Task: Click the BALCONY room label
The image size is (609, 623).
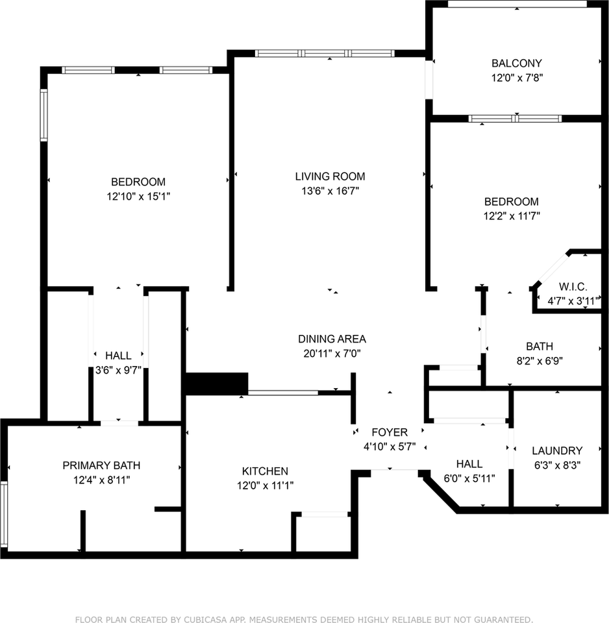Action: point(516,64)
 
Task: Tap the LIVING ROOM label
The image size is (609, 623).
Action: point(330,176)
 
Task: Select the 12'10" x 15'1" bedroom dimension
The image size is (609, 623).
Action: point(138,196)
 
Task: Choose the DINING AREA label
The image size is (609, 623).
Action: point(332,339)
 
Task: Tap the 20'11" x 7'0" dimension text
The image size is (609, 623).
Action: point(332,354)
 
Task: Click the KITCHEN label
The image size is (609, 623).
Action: point(265,471)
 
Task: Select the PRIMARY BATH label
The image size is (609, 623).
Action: point(101,465)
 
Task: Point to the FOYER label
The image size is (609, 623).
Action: point(390,432)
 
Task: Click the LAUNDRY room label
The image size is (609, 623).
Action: point(557,450)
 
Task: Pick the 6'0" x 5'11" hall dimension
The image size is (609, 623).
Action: point(469,479)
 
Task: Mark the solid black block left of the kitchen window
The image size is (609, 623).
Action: point(216,384)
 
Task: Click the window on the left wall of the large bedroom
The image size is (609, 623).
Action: point(44,116)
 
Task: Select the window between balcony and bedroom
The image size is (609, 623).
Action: point(515,119)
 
